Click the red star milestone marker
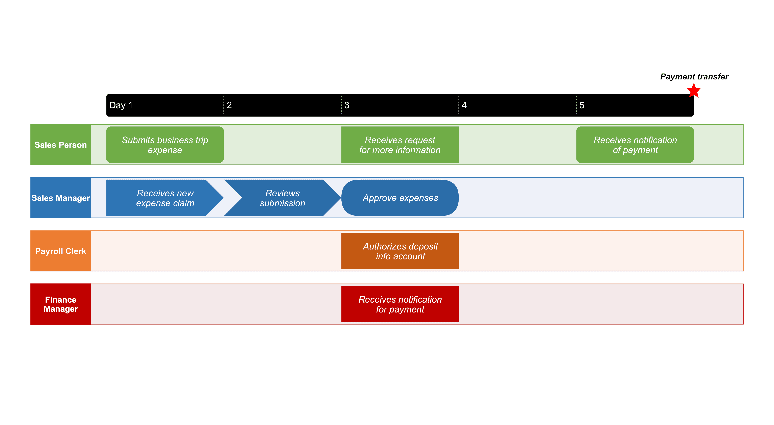693,91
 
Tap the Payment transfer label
694,77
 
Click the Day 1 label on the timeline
121,105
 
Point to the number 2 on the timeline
229,105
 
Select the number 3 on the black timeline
347,105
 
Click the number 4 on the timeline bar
464,105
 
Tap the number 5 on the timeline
582,105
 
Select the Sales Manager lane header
61,198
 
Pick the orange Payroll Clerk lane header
61,251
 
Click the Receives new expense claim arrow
165,198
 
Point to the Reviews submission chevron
282,198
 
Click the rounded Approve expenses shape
400,198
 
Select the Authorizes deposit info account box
400,251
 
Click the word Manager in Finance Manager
61,309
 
